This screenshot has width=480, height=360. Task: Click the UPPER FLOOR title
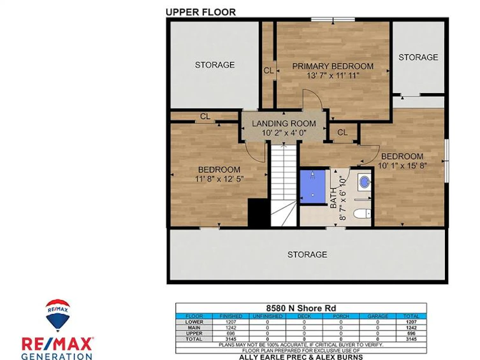pyautogui.click(x=201, y=12)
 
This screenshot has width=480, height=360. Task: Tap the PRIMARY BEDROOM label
pyautogui.click(x=333, y=66)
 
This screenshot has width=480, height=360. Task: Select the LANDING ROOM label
pyautogui.click(x=284, y=124)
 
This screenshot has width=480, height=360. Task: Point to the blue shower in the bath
pyautogui.click(x=312, y=187)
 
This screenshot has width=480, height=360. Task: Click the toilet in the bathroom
pyautogui.click(x=362, y=213)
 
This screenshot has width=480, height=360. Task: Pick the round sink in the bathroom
pyautogui.click(x=365, y=182)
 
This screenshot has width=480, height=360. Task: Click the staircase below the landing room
pyautogui.click(x=284, y=185)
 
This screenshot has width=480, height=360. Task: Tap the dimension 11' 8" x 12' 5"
pyautogui.click(x=219, y=178)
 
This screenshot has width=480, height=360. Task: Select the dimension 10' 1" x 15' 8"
pyautogui.click(x=402, y=166)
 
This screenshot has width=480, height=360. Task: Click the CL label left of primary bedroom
pyautogui.click(x=268, y=71)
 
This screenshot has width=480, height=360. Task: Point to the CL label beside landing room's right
pyautogui.click(x=342, y=133)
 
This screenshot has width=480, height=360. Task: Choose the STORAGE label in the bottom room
pyautogui.click(x=307, y=254)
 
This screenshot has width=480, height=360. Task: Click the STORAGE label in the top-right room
pyautogui.click(x=418, y=57)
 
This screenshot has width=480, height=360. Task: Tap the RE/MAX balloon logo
pyautogui.click(x=58, y=315)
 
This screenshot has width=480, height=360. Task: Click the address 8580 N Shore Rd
pyautogui.click(x=301, y=308)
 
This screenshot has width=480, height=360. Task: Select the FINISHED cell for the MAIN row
pyautogui.click(x=231, y=328)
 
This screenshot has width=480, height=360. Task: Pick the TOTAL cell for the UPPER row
pyautogui.click(x=411, y=333)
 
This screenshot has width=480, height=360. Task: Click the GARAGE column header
pyautogui.click(x=377, y=316)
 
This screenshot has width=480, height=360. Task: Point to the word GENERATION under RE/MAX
pyautogui.click(x=57, y=356)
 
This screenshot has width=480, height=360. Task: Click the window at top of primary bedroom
pyautogui.click(x=333, y=20)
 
